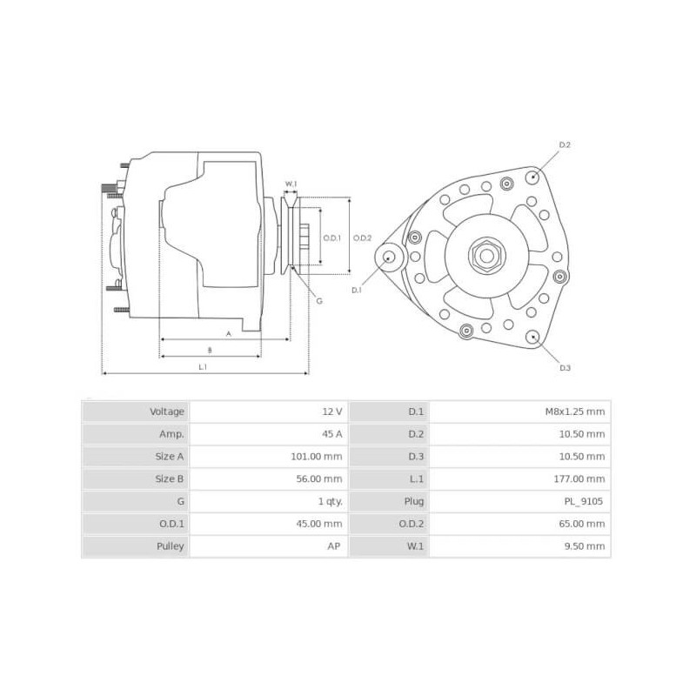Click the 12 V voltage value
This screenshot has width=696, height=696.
coord(333,412)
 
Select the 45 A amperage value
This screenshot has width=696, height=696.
coord(331,434)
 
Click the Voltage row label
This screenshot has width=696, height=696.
coord(167,412)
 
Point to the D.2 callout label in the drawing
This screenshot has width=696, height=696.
coord(564,144)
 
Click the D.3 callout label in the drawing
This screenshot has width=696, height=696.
coord(565,368)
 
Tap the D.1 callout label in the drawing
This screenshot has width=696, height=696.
coord(357,290)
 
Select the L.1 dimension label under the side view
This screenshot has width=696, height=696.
coord(203,367)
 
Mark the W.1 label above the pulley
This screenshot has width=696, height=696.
coord(291,184)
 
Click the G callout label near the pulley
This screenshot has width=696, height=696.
coord(319,301)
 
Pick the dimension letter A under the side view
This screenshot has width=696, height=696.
coord(228,333)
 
